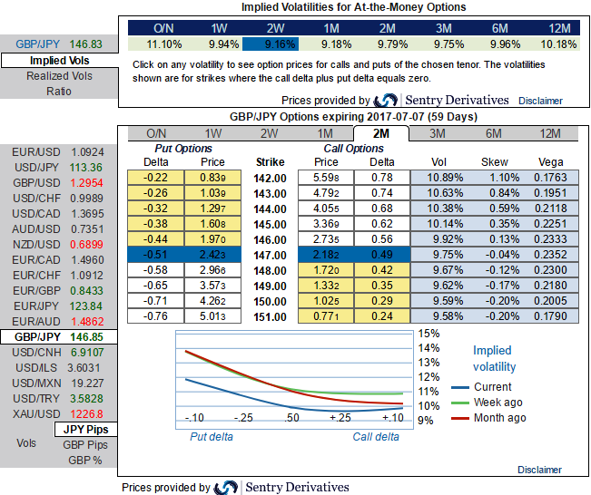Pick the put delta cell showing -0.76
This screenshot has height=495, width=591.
point(158,316)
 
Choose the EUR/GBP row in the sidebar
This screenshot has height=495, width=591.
point(36,291)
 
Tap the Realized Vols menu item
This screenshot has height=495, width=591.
point(59,77)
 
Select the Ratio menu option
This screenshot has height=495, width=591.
point(59,92)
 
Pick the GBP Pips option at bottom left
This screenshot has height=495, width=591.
point(85,444)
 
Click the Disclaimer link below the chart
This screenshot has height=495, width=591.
point(540,470)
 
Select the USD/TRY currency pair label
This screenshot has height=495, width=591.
point(36,398)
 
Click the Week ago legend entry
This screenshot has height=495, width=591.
point(499,403)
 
